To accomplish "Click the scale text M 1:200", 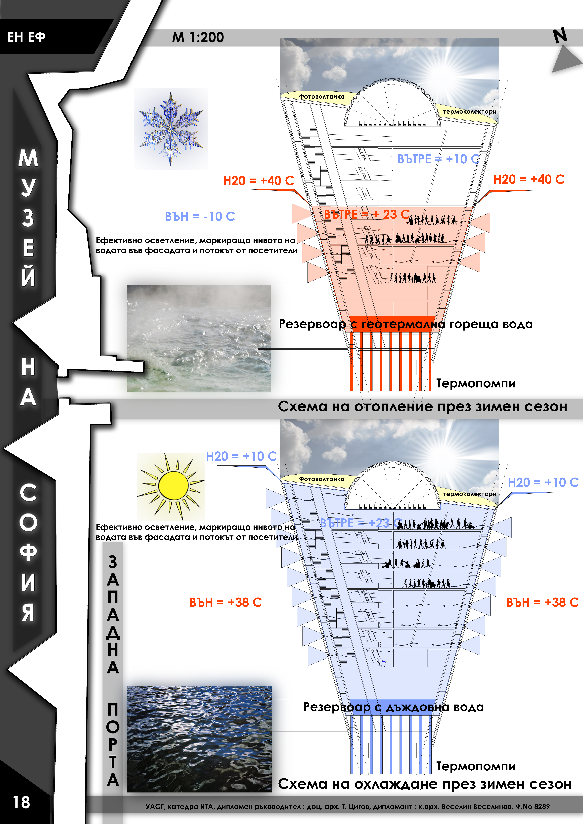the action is point(198,37).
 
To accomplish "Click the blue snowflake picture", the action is point(171,128).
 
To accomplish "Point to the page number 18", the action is point(21,802).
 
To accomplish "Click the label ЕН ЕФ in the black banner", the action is point(26,37).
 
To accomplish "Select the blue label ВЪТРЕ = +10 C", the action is point(438,159).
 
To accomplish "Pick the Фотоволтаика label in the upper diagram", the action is point(322,97).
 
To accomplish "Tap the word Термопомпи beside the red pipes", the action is point(476,383).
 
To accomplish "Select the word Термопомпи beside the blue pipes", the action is point(476,766).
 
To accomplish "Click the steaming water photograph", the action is point(199,338).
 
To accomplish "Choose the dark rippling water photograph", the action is point(199,739).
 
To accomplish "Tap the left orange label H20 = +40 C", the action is point(259,181).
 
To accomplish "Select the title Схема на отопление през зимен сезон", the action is point(423,407).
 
